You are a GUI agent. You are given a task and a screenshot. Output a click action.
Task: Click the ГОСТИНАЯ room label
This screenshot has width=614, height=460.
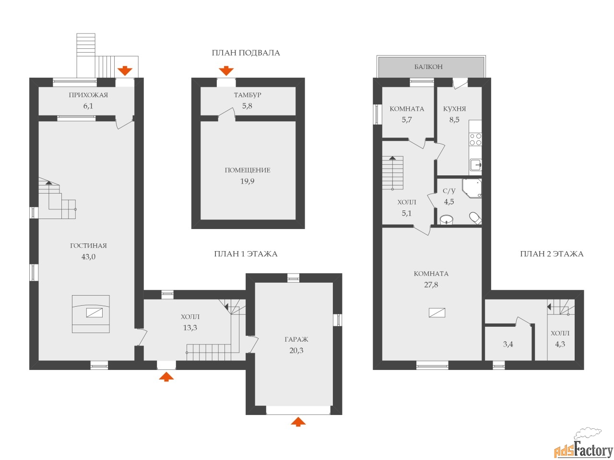88,245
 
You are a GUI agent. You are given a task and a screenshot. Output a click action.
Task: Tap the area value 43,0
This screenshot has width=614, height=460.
88,257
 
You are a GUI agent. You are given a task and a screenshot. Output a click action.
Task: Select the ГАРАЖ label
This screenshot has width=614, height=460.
296,339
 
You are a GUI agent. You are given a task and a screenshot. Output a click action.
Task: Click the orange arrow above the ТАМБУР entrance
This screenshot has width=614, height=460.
226,71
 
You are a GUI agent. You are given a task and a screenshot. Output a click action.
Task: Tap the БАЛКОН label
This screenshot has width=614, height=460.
428,67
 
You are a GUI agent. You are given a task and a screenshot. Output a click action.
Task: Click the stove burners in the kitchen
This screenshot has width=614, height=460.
475,139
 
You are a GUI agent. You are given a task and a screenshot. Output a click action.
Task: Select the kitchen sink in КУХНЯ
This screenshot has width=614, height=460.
475,164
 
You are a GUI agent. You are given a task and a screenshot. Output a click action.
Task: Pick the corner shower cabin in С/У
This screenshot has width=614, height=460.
472,188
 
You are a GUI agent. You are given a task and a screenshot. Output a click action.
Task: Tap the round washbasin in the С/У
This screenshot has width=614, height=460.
446,219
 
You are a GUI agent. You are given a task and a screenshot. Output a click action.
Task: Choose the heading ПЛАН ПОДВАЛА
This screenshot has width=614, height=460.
246,53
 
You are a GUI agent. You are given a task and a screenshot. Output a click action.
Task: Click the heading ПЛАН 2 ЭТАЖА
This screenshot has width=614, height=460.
552,254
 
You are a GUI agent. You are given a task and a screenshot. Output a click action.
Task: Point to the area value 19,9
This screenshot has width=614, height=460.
247,181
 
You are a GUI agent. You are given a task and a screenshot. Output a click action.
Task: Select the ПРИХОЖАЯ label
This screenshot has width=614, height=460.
88,95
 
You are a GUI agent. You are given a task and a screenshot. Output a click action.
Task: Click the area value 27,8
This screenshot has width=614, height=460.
431,285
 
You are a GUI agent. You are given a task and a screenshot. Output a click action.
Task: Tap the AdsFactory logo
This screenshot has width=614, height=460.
583,448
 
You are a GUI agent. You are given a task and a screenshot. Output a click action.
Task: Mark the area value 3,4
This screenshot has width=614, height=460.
508,344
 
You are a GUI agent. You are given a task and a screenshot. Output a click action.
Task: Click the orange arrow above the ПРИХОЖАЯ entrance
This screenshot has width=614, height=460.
125,71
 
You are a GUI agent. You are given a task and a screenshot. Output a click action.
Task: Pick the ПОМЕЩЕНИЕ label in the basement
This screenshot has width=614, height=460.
248,170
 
